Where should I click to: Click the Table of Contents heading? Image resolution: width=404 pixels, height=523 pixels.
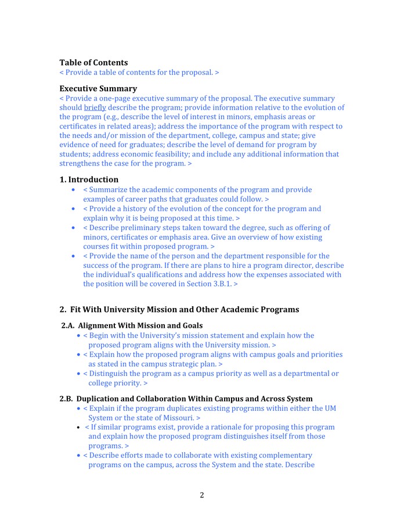pyautogui.click(x=93, y=63)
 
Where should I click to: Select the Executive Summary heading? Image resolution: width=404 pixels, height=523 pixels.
pyautogui.click(x=98, y=89)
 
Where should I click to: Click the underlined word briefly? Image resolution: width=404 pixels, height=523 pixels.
pyautogui.click(x=95, y=108)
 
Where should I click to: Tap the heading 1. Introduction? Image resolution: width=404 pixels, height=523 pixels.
pyautogui.click(x=89, y=180)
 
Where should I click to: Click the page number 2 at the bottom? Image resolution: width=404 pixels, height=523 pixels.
pyautogui.click(x=202, y=495)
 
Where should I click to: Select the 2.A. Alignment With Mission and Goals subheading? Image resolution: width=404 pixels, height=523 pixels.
pyautogui.click(x=132, y=325)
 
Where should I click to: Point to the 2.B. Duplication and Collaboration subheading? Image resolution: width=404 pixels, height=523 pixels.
pyautogui.click(x=186, y=399)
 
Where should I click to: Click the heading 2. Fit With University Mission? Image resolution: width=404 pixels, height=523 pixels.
pyautogui.click(x=179, y=310)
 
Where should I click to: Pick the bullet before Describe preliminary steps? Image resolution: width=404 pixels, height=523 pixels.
pyautogui.click(x=73, y=228)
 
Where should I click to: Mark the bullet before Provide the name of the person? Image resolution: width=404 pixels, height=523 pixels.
pyautogui.click(x=73, y=256)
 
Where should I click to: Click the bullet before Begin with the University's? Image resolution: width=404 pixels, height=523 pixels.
pyautogui.click(x=79, y=336)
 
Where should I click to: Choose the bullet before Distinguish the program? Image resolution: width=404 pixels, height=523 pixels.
pyautogui.click(x=79, y=374)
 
